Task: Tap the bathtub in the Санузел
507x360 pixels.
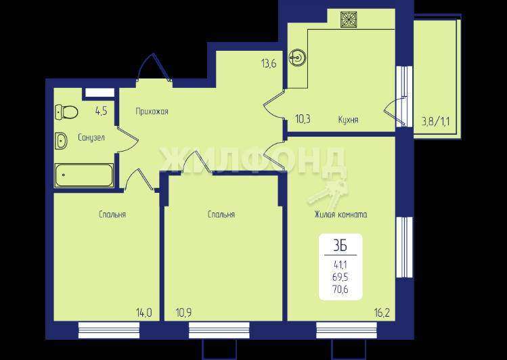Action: (84, 175)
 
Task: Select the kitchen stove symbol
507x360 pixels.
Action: (348, 19)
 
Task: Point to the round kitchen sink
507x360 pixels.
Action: (298, 58)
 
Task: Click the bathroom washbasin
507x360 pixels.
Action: (61, 141)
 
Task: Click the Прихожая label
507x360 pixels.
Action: (152, 112)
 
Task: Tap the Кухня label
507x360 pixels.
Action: (348, 120)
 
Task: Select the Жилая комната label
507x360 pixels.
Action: (340, 215)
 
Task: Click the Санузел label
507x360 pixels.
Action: (91, 137)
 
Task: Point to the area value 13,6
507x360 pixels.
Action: (269, 64)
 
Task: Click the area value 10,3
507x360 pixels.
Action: (303, 119)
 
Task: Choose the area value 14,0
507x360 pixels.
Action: (144, 313)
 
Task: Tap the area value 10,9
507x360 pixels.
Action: (183, 313)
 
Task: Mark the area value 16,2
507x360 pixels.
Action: (383, 313)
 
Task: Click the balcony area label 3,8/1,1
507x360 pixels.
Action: (435, 122)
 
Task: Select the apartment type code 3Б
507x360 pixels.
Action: (340, 246)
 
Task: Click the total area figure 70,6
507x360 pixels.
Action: (340, 290)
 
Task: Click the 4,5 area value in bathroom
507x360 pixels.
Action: (102, 111)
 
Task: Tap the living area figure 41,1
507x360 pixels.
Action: (340, 265)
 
